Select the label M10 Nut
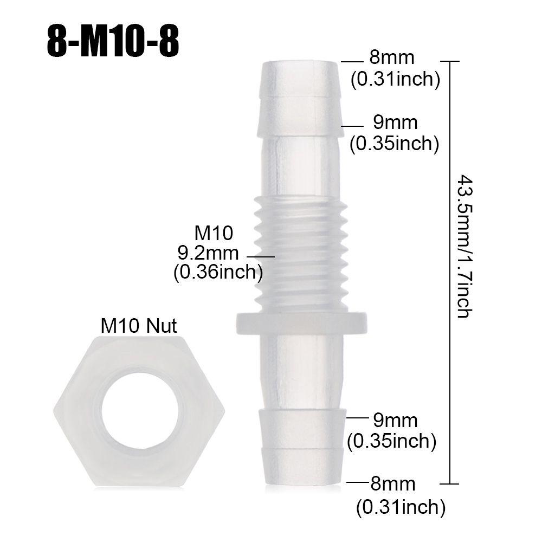(x=139, y=326)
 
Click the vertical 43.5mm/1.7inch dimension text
(x=463, y=246)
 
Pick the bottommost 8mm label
(x=393, y=483)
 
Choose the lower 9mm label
(x=395, y=420)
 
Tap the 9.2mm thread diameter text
(x=208, y=253)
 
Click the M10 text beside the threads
(x=214, y=233)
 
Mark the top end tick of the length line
(x=451, y=61)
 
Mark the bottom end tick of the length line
(x=451, y=483)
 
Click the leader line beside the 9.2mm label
(x=261, y=256)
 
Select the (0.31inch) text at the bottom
(x=401, y=508)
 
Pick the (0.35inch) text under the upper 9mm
(x=394, y=144)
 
